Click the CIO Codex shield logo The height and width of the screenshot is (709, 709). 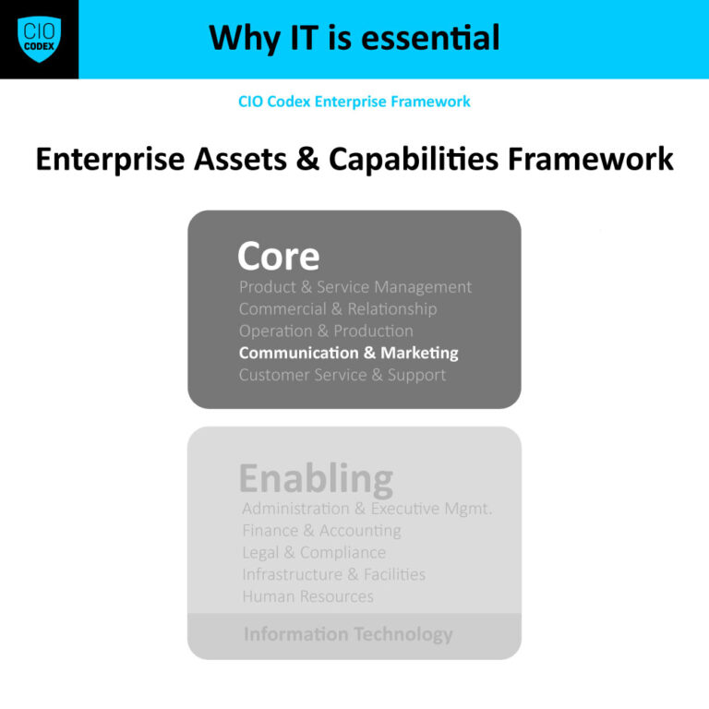tap(39, 39)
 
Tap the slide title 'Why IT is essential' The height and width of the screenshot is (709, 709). tap(354, 38)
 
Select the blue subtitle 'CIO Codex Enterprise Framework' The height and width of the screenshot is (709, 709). tap(354, 102)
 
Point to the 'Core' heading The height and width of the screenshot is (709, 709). tap(278, 256)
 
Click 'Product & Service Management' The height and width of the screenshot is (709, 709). tap(355, 287)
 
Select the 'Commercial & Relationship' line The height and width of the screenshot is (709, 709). tap(338, 309)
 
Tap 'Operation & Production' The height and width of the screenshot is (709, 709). tap(326, 330)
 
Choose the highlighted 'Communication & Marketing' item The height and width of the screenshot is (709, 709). tap(348, 353)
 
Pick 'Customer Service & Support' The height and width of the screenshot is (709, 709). tap(342, 375)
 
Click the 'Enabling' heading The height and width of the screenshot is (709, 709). tap(316, 478)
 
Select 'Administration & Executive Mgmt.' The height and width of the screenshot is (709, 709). tap(367, 509)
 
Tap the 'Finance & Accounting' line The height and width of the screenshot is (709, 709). tap(321, 531)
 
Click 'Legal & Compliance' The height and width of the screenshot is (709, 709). tap(314, 552)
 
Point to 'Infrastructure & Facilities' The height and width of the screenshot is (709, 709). tap(333, 574)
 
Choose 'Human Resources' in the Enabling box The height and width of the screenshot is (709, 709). tap(307, 596)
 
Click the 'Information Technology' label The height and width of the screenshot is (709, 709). tap(348, 634)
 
